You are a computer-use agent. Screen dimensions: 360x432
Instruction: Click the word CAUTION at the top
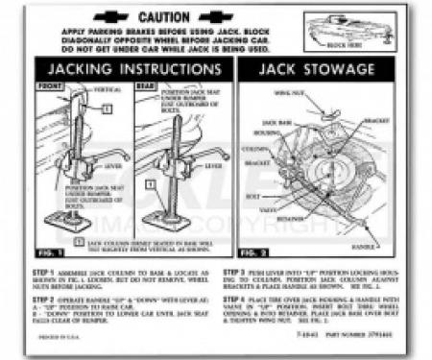click(x=164, y=17)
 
